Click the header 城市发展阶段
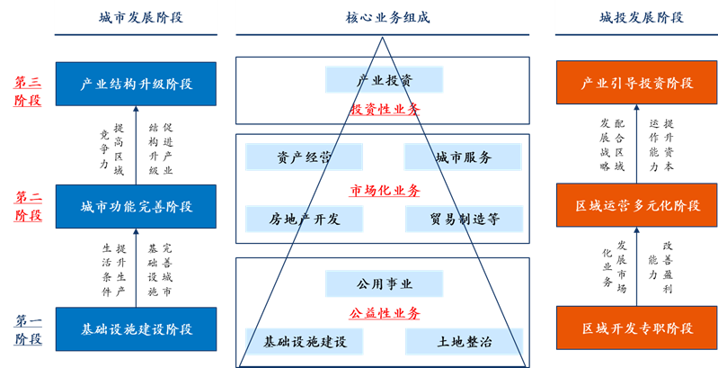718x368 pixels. click(136, 17)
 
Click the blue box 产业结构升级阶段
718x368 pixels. click(136, 84)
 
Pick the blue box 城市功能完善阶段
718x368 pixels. click(136, 206)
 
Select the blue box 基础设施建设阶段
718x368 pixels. click(136, 329)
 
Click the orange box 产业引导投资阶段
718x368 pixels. click(636, 84)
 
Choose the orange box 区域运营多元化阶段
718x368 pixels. click(636, 206)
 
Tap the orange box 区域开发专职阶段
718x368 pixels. click(636, 329)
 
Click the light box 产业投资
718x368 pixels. click(385, 80)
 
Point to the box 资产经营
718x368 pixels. click(304, 157)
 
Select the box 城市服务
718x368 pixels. click(463, 157)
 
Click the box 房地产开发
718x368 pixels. click(304, 218)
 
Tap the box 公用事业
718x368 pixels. click(385, 284)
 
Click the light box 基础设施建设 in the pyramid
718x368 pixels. click(304, 342)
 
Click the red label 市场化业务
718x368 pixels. click(385, 191)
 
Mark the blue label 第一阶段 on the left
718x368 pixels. click(27, 330)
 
